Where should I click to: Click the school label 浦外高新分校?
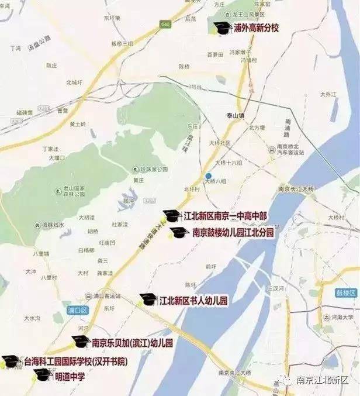[256, 27]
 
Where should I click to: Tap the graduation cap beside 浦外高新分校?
[221, 27]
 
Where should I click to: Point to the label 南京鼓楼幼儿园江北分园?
[233, 232]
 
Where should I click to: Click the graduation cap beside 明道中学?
[43, 374]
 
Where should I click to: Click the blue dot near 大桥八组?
[207, 176]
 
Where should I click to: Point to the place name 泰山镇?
[236, 116]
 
